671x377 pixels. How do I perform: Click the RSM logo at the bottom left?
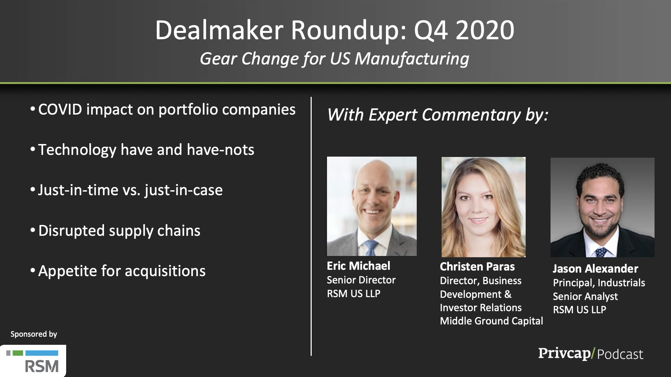pos(33,361)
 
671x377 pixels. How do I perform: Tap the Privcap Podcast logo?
pos(590,354)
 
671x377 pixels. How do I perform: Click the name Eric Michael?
pos(358,266)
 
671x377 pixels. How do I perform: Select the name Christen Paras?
pos(477,267)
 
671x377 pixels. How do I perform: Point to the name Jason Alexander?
pos(595,269)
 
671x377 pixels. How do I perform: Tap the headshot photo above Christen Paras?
pos(483,207)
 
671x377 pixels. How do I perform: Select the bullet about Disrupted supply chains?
pos(115,231)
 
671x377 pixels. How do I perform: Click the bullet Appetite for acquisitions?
pos(118,271)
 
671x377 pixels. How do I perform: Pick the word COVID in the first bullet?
pos(60,109)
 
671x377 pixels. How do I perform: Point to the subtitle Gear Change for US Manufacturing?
pos(334,59)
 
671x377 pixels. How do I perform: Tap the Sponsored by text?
pos(34,334)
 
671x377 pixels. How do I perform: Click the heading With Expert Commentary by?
pos(438,115)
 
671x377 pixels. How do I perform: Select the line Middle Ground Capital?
pos(491,321)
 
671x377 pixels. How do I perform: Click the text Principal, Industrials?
pos(599,283)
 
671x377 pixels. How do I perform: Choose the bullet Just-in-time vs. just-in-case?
pos(126,190)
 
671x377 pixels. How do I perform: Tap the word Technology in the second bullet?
pos(77,150)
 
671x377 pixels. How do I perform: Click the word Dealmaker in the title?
pos(219,30)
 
